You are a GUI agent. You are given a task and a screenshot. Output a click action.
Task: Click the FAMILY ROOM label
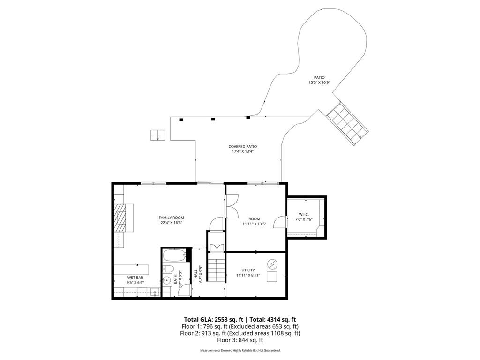[x=171, y=217]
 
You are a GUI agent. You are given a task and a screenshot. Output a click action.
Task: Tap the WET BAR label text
[x=135, y=277]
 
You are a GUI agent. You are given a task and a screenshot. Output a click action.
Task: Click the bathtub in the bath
[x=174, y=256]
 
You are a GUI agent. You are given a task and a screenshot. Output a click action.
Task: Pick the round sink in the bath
[x=167, y=281]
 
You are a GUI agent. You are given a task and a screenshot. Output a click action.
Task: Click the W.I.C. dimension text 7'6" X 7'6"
[x=303, y=219]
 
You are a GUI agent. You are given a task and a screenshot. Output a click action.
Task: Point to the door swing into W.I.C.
[x=279, y=222]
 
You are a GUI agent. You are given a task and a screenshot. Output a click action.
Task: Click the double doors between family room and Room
[x=232, y=205]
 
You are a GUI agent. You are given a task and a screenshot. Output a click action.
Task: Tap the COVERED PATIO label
[x=242, y=146]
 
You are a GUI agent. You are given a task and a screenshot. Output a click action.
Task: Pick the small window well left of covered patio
[x=157, y=135]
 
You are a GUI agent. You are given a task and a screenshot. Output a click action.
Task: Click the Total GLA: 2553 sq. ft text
[x=210, y=319]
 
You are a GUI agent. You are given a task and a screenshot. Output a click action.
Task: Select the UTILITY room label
[x=248, y=270]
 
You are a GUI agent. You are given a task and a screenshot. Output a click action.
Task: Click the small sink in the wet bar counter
[x=154, y=292]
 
